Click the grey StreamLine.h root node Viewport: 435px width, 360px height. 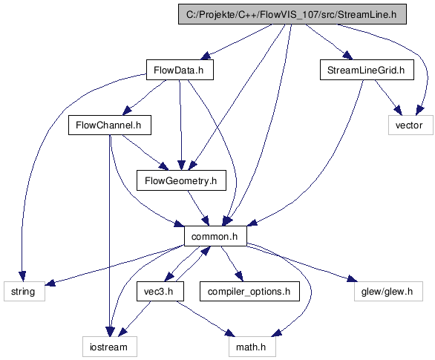click(x=292, y=14)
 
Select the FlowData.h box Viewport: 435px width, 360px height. click(x=180, y=70)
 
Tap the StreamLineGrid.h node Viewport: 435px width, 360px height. click(x=367, y=70)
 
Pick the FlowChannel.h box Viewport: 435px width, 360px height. click(x=110, y=125)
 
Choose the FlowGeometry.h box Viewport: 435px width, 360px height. click(x=181, y=180)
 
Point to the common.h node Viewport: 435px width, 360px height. click(x=215, y=236)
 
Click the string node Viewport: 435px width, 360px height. click(x=24, y=291)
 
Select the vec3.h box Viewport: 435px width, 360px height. click(x=160, y=291)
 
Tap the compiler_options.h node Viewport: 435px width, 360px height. click(x=249, y=291)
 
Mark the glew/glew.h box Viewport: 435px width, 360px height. click(x=388, y=291)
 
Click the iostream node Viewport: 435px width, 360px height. click(x=110, y=347)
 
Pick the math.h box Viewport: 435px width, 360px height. click(x=252, y=347)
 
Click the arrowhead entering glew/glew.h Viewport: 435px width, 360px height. click(x=351, y=279)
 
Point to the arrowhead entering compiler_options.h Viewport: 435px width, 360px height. click(x=239, y=277)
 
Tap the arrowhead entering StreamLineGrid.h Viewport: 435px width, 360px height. click(x=347, y=55)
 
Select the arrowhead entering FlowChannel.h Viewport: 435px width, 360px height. click(x=128, y=111)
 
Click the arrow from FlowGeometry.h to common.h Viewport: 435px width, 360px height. click(x=198, y=208)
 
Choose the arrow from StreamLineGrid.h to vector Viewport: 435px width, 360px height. click(x=387, y=98)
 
